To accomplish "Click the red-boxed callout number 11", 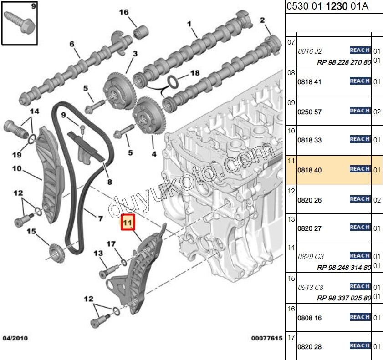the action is [x=128, y=223].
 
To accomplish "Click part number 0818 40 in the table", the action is [x=309, y=170].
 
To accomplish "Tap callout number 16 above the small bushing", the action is [x=124, y=12].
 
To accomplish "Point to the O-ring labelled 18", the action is [x=173, y=82].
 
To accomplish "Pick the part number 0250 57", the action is [x=309, y=112].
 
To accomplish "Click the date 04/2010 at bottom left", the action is [x=15, y=338].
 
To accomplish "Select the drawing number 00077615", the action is [x=266, y=338].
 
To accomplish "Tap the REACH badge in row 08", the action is [x=360, y=81].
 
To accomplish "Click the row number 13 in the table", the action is [x=291, y=219].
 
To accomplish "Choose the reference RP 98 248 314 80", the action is [x=344, y=268].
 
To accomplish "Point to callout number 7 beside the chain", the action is [x=100, y=218].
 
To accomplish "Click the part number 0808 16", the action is [x=309, y=318].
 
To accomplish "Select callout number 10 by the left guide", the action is [x=17, y=168].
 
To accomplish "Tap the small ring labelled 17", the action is [x=124, y=262].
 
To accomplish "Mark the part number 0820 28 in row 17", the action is [x=309, y=347].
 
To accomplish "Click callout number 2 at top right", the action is [x=262, y=20].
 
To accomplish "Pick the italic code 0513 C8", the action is [x=311, y=288].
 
